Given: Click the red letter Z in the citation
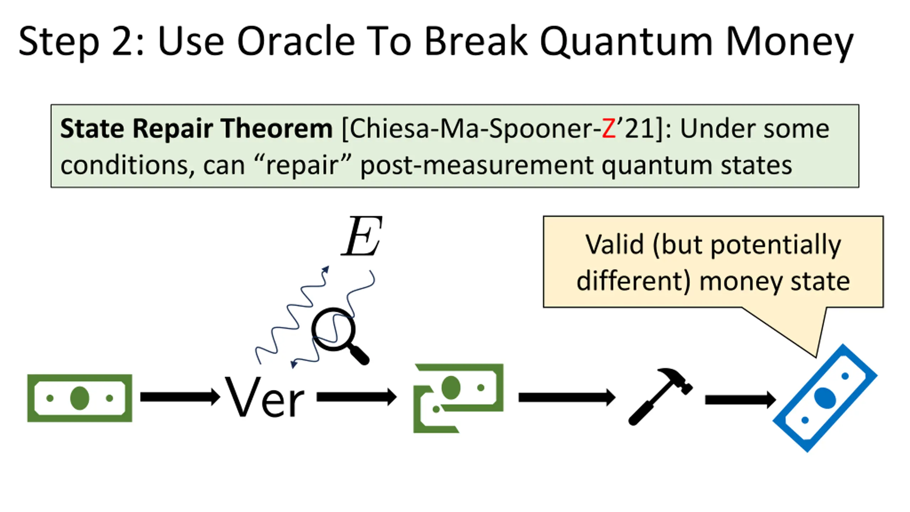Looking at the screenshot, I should (x=609, y=129).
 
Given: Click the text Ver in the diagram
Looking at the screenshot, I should (x=264, y=398).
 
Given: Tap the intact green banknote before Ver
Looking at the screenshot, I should (x=80, y=398).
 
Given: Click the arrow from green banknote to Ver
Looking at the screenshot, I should (x=180, y=397).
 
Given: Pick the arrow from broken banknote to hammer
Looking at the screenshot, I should (x=567, y=397).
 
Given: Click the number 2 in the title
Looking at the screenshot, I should (x=123, y=42).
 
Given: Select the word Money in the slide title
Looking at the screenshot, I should (x=789, y=42).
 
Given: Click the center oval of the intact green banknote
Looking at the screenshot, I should (x=80, y=398).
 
